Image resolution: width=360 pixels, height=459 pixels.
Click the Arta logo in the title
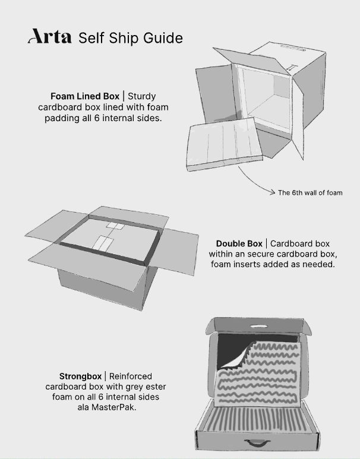pyautogui.click(x=49, y=36)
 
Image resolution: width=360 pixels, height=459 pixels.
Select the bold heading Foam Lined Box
pyautogui.click(x=85, y=96)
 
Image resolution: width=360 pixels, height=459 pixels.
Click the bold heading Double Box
pyautogui.click(x=239, y=243)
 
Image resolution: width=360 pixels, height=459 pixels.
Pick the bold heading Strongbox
pyautogui.click(x=80, y=376)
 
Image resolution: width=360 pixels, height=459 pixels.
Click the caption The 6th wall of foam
pyautogui.click(x=310, y=192)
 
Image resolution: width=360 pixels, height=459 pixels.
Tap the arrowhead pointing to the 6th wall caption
pyautogui.click(x=273, y=192)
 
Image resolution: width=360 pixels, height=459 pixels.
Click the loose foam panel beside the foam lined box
pyautogui.click(x=225, y=144)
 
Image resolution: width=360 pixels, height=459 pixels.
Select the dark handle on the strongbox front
pyautogui.click(x=254, y=442)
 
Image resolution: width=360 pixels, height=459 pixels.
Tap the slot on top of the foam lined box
pyautogui.click(x=293, y=48)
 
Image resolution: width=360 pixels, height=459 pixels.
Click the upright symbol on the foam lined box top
pyautogui.click(x=291, y=68)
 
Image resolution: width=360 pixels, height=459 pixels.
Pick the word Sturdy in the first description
pyautogui.click(x=142, y=96)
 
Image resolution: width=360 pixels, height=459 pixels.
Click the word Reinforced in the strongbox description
pyautogui.click(x=130, y=376)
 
